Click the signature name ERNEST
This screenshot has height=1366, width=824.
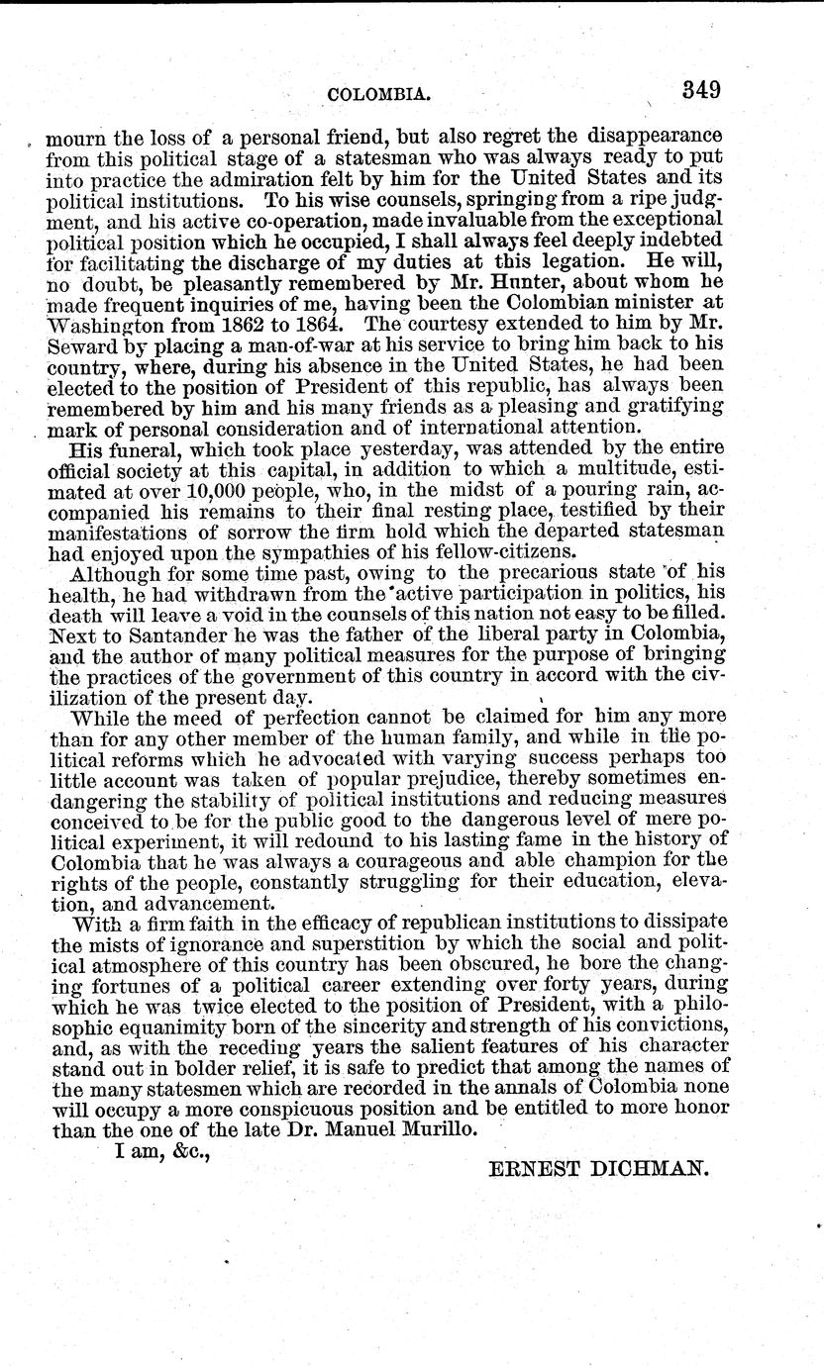[x=543, y=1167]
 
